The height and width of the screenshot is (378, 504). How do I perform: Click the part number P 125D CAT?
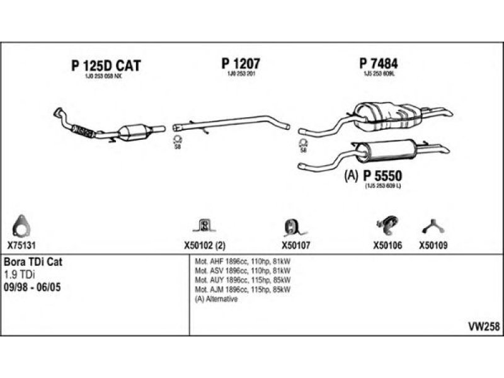point(105,66)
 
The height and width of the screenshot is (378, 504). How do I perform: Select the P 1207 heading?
point(241,63)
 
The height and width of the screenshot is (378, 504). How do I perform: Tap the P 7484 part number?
point(379,63)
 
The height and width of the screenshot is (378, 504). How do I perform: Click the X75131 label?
point(22,246)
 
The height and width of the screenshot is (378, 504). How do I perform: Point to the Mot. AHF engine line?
point(243,261)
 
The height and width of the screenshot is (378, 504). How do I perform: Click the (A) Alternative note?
point(216,299)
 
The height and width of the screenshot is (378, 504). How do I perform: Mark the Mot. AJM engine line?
point(243,290)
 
